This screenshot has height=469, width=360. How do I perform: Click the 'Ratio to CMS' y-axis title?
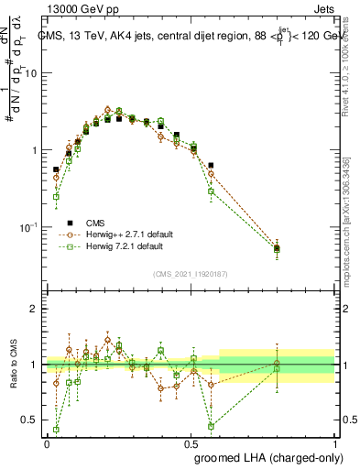[12, 365]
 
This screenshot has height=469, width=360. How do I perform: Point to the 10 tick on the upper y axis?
[30, 73]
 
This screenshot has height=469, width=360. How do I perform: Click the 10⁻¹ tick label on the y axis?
[28, 226]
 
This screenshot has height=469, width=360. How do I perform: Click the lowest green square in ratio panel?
[56, 429]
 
